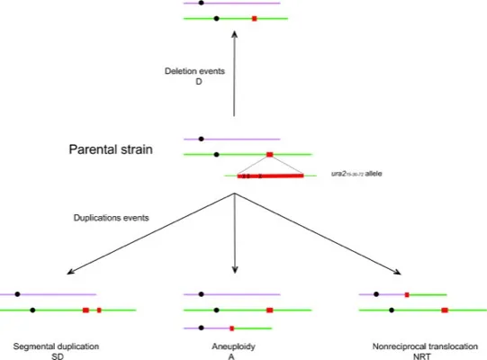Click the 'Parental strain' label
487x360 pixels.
[113, 150]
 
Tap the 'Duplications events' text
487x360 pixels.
[113, 218]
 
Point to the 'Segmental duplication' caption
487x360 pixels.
[57, 346]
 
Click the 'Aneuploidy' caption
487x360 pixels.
[235, 346]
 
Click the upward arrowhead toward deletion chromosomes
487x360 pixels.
[234, 35]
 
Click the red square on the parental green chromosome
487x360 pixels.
[269, 155]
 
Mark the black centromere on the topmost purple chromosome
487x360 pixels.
[201, 4]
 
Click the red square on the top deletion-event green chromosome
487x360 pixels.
[254, 18]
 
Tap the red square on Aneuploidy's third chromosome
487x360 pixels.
[232, 328]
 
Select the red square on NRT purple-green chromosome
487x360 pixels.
[407, 293]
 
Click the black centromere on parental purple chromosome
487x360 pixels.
[201, 139]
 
